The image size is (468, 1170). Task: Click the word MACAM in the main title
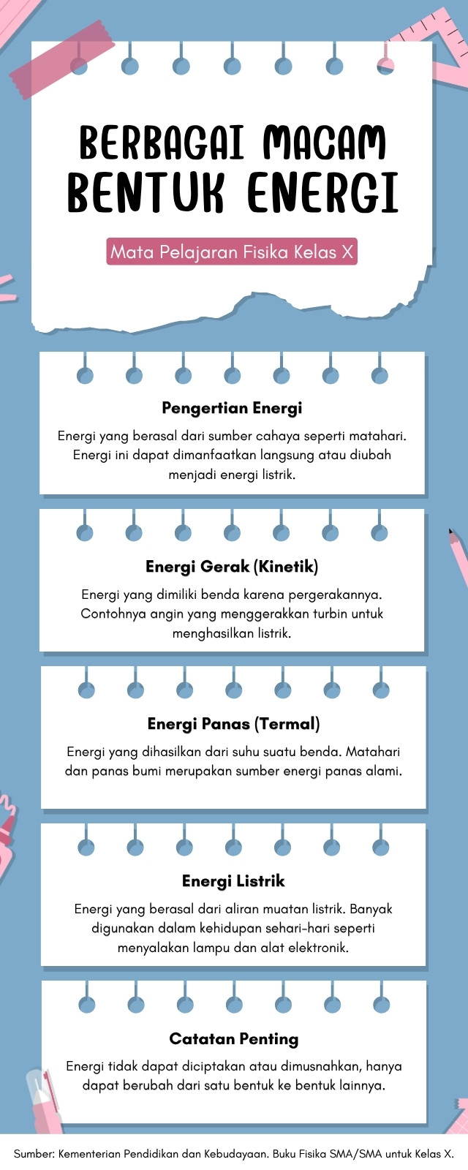pyautogui.click(x=325, y=142)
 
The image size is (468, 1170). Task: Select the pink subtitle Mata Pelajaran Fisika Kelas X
pyautogui.click(x=232, y=252)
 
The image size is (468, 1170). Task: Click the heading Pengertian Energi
pyautogui.click(x=232, y=408)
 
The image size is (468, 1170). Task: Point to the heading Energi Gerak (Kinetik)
pyautogui.click(x=232, y=566)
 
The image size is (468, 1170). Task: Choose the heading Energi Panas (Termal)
pyautogui.click(x=233, y=723)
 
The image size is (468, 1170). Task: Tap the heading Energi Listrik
pyautogui.click(x=233, y=880)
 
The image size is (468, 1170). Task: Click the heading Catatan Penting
pyautogui.click(x=233, y=1038)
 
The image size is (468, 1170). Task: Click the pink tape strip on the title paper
pyautogui.click(x=61, y=59)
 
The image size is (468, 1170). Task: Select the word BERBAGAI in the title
pyautogui.click(x=162, y=142)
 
